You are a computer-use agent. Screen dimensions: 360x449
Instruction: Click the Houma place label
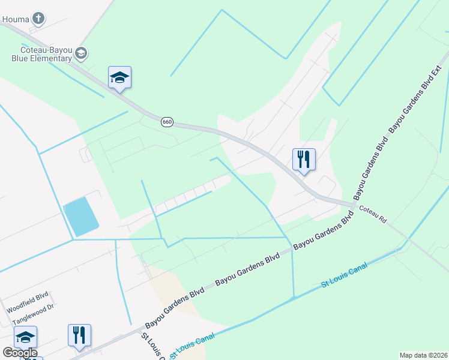pyautogui.click(x=15, y=19)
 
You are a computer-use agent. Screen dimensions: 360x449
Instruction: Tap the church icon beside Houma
pyautogui.click(x=38, y=18)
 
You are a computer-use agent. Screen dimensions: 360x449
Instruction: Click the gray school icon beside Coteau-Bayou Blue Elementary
pyautogui.click(x=81, y=54)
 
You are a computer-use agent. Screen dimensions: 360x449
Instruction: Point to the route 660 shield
pyautogui.click(x=167, y=122)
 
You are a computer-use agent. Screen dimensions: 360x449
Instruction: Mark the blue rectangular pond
pyautogui.click(x=82, y=217)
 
